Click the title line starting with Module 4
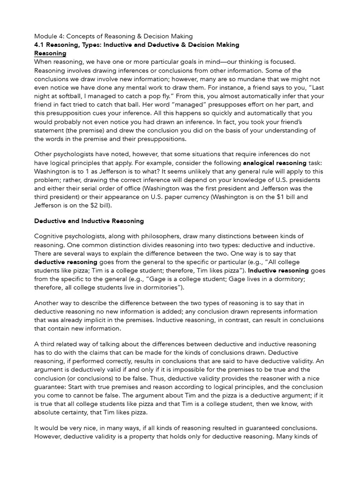[113, 36]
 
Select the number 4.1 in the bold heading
[40, 45]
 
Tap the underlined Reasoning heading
[50, 53]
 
